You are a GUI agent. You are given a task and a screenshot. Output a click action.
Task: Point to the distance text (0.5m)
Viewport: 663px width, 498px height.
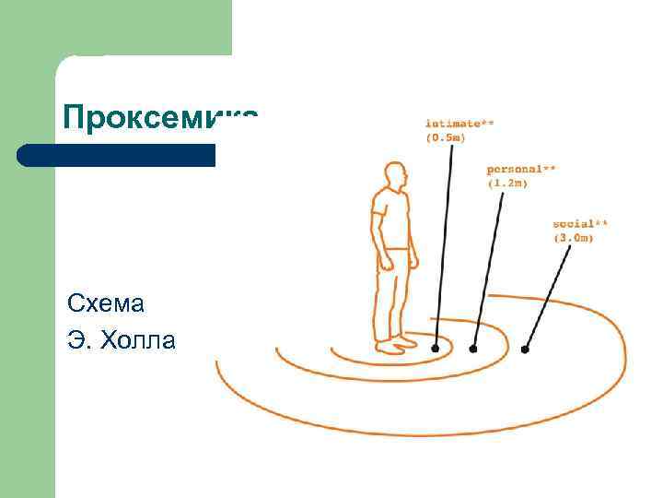point(446,137)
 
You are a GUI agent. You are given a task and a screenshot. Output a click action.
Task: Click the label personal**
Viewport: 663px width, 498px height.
point(521,170)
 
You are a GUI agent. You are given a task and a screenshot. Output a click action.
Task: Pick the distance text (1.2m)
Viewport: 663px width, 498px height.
point(507,184)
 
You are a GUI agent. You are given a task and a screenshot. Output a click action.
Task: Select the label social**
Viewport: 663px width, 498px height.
point(580,224)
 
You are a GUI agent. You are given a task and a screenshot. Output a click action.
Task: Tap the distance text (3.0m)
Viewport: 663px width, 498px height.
point(573,239)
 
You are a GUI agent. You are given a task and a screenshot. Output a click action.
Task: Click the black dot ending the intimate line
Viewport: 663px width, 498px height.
point(436,348)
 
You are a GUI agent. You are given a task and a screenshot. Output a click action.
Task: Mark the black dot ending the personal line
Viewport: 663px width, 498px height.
point(473,350)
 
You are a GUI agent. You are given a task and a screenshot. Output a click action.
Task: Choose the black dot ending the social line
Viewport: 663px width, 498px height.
point(525,350)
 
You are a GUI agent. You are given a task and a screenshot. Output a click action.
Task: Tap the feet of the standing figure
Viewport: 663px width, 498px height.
point(395,347)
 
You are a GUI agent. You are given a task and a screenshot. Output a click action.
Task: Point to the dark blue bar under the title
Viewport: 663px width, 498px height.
point(116,155)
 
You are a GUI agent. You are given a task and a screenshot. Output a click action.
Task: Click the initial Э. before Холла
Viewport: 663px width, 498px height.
point(77,341)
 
